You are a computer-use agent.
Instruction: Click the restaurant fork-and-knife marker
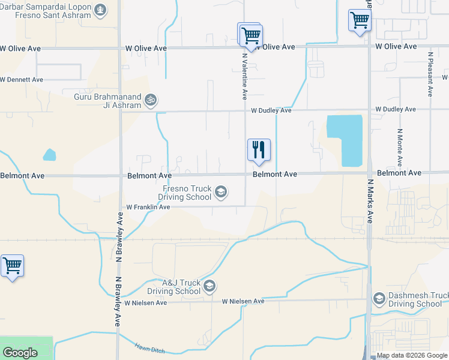pyautogui.click(x=259, y=150)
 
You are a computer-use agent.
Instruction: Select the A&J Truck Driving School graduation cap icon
pyautogui.click(x=209, y=286)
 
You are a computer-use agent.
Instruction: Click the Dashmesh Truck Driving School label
pyautogui.click(x=414, y=299)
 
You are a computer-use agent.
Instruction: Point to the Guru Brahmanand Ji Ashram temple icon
pyautogui.click(x=151, y=100)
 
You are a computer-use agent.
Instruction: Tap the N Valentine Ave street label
pyautogui.click(x=244, y=75)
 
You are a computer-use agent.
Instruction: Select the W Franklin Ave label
pyautogui.click(x=148, y=207)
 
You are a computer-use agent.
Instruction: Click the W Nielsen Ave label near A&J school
pyautogui.click(x=243, y=301)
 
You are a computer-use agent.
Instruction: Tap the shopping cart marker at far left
pyautogui.click(x=12, y=265)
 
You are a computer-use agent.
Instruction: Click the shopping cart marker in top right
pyautogui.click(x=360, y=20)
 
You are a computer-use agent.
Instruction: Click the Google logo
pyautogui.click(x=20, y=353)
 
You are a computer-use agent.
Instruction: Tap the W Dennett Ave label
pyautogui.click(x=22, y=79)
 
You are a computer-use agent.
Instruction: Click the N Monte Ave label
pyautogui.click(x=399, y=147)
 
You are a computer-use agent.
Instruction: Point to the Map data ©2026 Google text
pyautogui.click(x=412, y=355)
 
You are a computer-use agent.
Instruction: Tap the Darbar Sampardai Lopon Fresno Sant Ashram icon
pyautogui.click(x=100, y=10)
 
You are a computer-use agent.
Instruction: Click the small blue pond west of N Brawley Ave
pyautogui.click(x=49, y=155)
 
